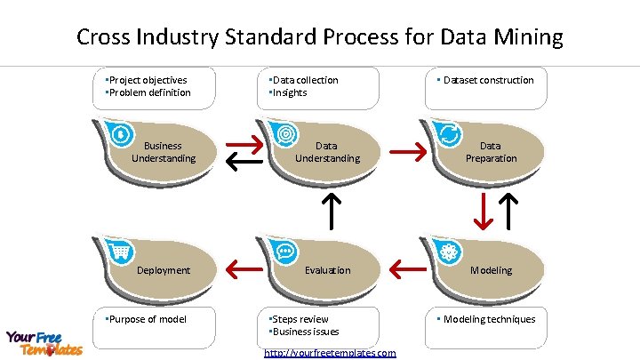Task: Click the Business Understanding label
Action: pos(164,152)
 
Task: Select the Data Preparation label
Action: pos(491,152)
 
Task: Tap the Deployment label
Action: pos(164,270)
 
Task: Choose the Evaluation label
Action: pos(327,270)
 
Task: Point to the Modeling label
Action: pos(492,270)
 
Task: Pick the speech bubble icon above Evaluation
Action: pos(284,252)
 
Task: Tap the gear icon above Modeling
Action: pos(449,252)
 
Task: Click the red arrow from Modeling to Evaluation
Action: pos(408,267)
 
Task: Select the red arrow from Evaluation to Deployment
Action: pos(244,267)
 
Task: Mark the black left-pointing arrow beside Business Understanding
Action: pos(244,161)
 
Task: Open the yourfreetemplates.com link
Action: pos(330,353)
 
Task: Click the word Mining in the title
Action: pos(530,37)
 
